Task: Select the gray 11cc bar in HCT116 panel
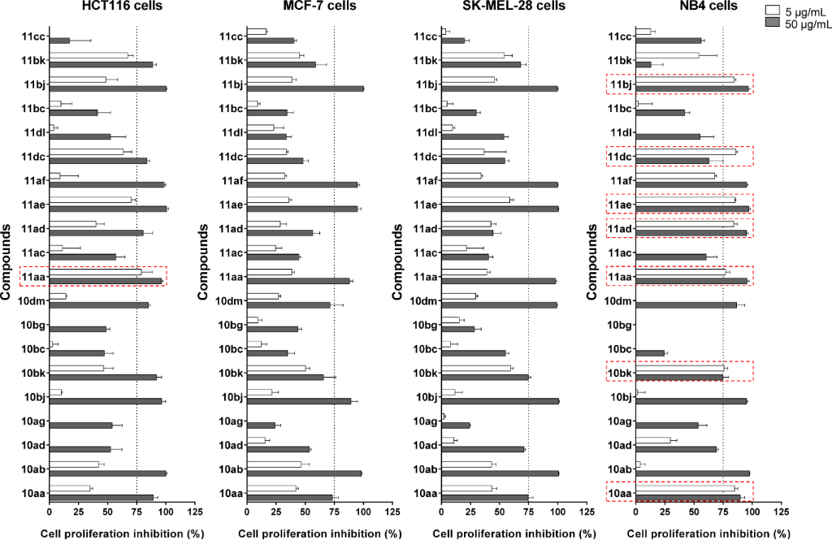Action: [59, 41]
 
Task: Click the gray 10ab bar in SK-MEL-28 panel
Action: [500, 473]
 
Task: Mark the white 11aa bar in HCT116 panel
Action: [95, 272]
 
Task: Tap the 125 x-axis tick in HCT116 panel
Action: [194, 513]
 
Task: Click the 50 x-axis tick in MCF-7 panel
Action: [305, 513]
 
